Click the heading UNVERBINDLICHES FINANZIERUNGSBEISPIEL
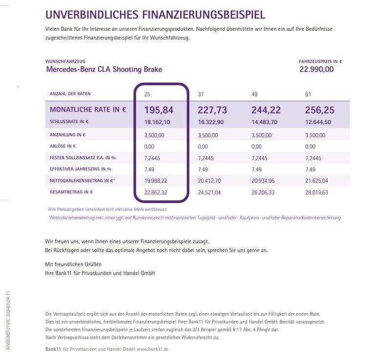[x=155, y=15]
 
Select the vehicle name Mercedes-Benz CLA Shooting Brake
[x=104, y=69]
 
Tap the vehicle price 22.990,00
[x=316, y=69]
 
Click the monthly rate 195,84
[x=159, y=110]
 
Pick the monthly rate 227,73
[x=213, y=110]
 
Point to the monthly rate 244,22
[x=267, y=110]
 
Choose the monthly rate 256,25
[x=321, y=110]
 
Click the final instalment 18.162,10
[x=157, y=122]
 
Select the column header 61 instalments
[x=308, y=94]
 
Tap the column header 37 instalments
[x=201, y=94]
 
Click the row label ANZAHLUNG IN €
[x=69, y=134]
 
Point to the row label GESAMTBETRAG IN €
[x=71, y=192]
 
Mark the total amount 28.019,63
[x=317, y=192]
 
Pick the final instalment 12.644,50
[x=318, y=122]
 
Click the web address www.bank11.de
[x=153, y=350]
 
